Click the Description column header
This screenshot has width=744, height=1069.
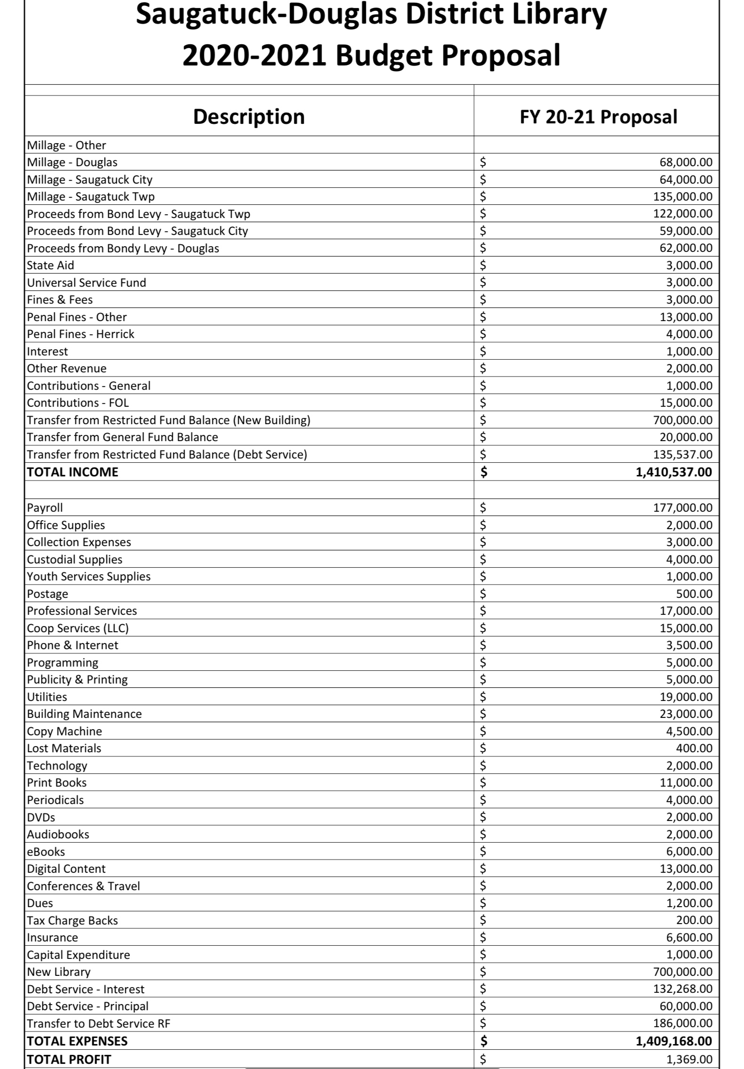pos(249,117)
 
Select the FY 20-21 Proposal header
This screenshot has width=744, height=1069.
pos(598,117)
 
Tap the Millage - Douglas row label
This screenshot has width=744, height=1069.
pos(72,162)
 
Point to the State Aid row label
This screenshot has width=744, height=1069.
pos(50,265)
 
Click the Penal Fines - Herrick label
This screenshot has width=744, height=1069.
pos(81,334)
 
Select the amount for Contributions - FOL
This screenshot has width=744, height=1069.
pos(686,403)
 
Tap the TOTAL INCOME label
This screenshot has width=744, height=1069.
pos(73,472)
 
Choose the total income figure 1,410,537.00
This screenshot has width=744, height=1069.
pos(673,472)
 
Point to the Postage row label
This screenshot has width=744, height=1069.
pos(48,594)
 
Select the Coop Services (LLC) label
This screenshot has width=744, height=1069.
pos(78,628)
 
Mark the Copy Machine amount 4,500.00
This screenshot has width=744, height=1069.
pos(689,731)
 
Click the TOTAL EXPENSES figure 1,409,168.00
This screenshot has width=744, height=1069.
pos(673,1041)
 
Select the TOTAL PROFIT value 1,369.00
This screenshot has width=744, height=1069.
pos(689,1060)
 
